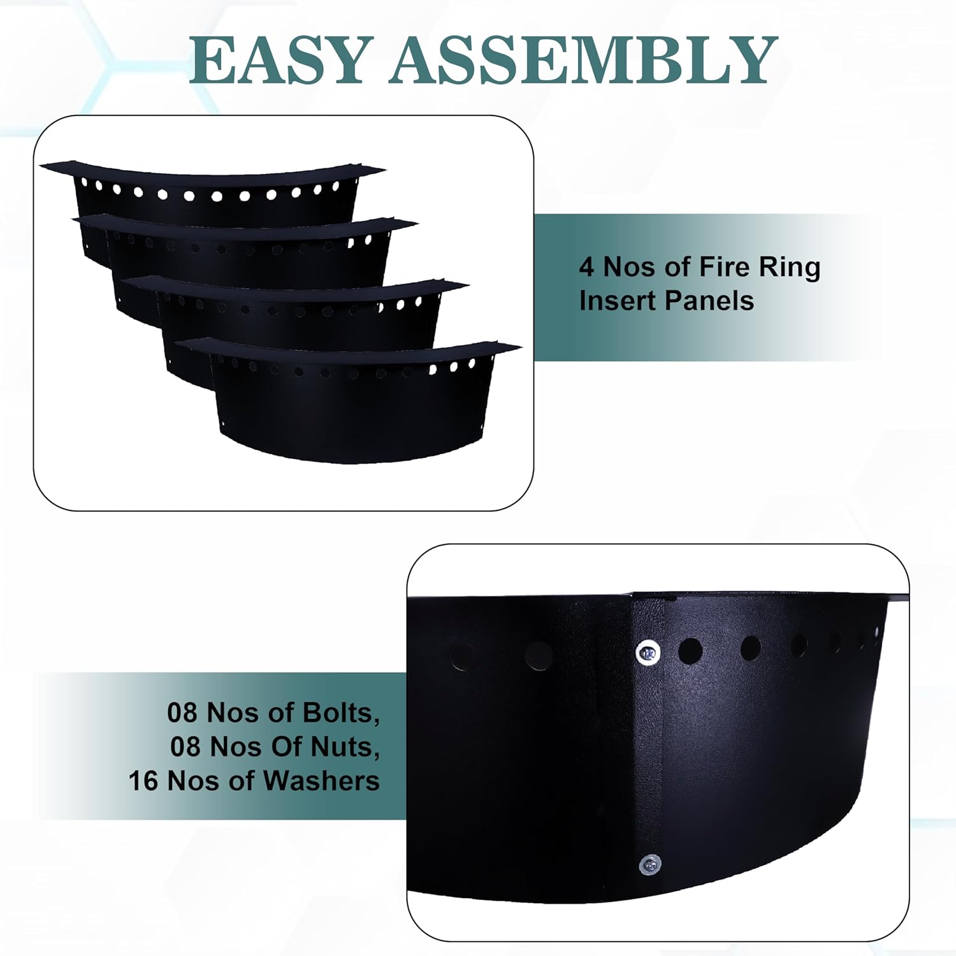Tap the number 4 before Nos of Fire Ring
click(586, 267)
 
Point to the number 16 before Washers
click(143, 781)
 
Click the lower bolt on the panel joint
click(649, 865)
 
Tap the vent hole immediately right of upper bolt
click(690, 651)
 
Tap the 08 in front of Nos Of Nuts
click(185, 746)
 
